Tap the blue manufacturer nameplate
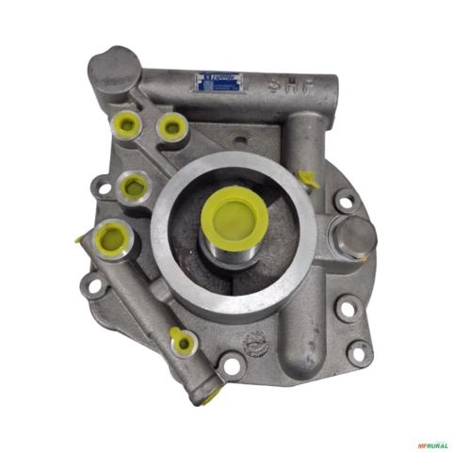[x=218, y=82]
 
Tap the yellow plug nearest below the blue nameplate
[x=170, y=125]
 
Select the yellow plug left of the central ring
[x=135, y=187]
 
